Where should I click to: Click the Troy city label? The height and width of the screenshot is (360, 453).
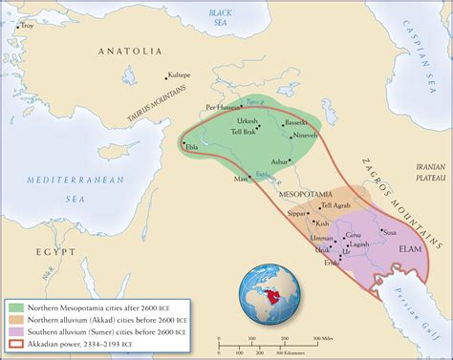pos(27,25)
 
